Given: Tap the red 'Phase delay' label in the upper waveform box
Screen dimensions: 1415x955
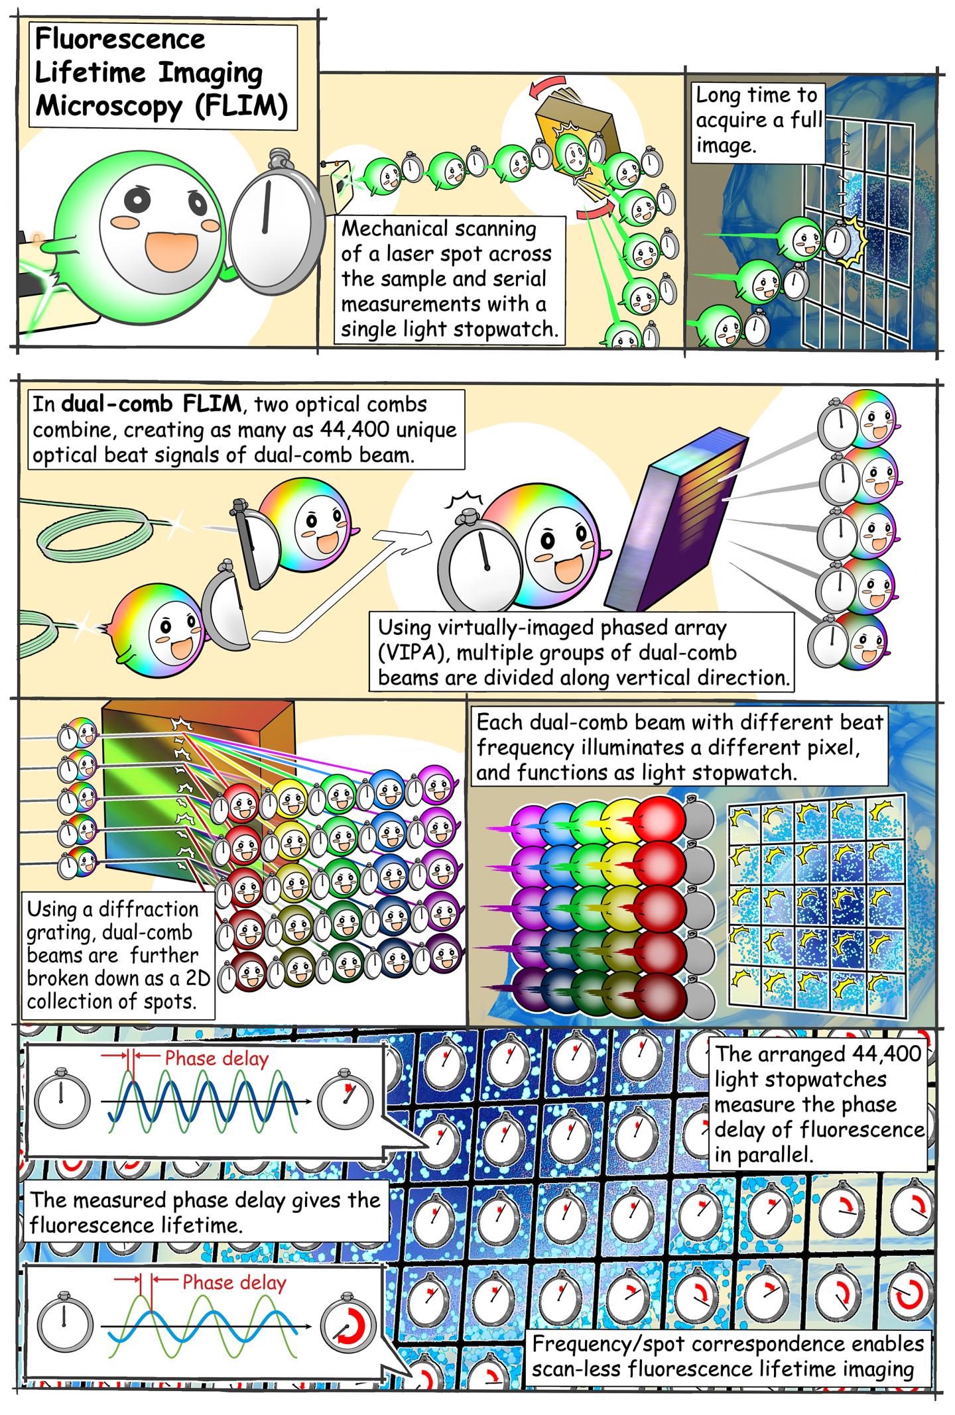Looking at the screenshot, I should [x=216, y=1058].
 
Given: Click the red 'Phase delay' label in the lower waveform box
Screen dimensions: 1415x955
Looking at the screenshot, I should [x=234, y=1282].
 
